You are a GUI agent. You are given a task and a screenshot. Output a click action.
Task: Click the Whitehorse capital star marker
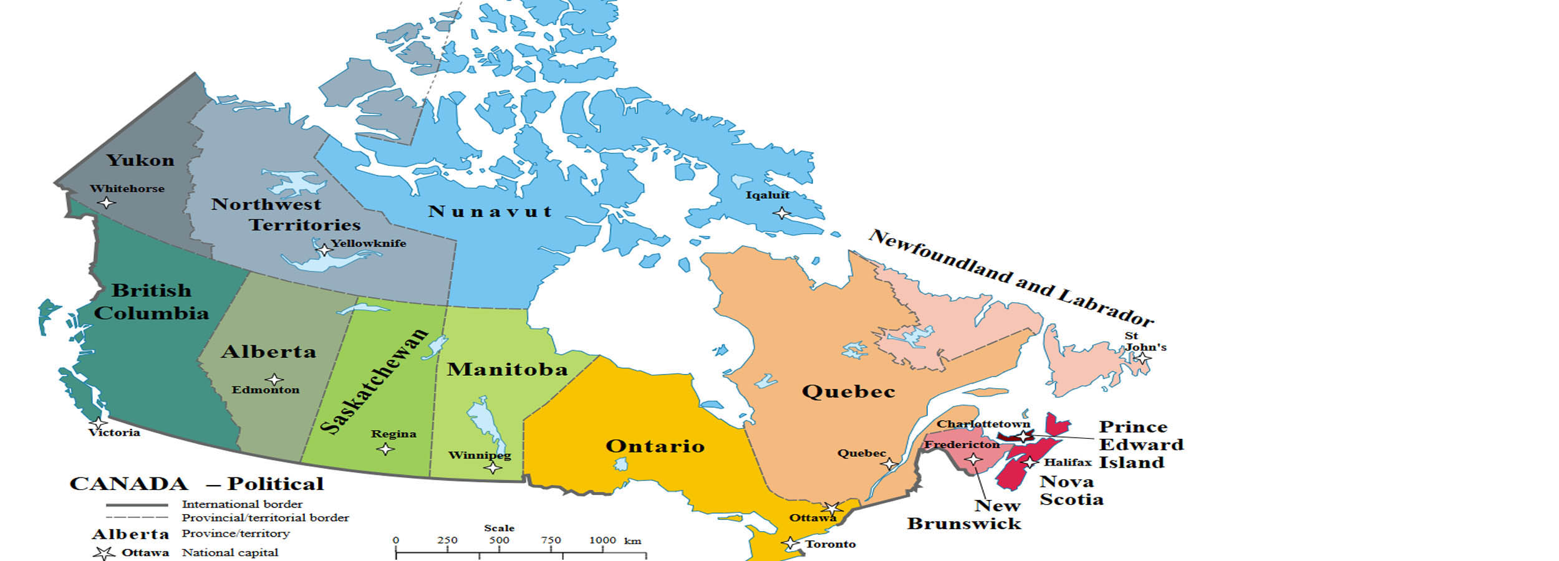[107, 203]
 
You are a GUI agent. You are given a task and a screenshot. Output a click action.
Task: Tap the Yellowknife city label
[368, 243]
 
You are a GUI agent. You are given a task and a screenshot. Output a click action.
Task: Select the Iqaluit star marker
[781, 213]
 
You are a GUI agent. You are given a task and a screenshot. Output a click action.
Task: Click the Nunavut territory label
[490, 212]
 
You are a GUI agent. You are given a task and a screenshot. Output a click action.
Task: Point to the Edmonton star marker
[274, 379]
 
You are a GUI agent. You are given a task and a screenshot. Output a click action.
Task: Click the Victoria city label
[114, 433]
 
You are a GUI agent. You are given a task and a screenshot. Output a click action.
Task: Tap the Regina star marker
[386, 449]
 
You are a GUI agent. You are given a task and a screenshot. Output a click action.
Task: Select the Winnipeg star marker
[493, 467]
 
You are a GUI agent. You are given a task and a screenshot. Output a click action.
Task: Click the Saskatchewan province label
[374, 380]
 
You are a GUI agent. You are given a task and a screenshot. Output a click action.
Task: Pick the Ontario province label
[655, 446]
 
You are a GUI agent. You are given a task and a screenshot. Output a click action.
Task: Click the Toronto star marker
[791, 544]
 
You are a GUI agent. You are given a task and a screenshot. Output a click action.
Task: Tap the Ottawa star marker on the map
[832, 508]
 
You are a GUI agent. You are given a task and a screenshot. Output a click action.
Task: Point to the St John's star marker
[1143, 358]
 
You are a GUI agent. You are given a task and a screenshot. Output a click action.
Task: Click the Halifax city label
[1068, 463]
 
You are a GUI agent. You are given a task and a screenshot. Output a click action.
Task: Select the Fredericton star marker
[973, 459]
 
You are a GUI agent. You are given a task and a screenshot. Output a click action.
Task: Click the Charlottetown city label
[983, 424]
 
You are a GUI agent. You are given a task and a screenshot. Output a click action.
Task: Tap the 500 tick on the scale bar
[499, 540]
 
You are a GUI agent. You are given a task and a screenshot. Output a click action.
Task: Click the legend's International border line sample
[137, 504]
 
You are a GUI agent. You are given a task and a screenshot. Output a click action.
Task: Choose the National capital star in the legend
[104, 553]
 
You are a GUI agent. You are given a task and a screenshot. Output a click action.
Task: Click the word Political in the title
[275, 484]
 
